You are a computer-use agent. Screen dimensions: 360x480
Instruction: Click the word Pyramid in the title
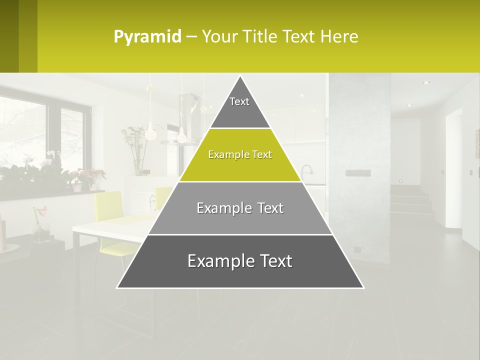coord(147,36)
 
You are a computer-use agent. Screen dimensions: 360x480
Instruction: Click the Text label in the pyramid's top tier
coord(239,101)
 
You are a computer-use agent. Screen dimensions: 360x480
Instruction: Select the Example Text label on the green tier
coord(240,154)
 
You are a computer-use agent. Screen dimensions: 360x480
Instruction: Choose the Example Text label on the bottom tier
coord(240,261)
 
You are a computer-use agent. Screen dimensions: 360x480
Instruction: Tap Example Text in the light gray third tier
coord(240,208)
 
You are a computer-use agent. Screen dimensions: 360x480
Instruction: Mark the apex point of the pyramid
coord(240,76)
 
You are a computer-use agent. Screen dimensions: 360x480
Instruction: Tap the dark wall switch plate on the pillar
coord(358,173)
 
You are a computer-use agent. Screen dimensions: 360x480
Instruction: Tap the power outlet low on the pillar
coord(357,249)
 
